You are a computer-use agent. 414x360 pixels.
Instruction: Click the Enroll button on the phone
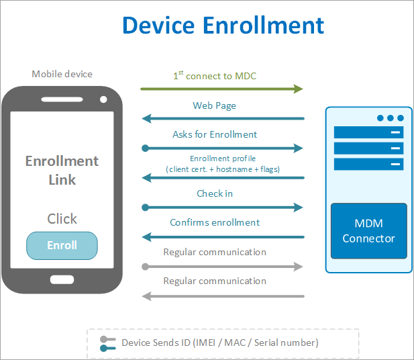[62, 246]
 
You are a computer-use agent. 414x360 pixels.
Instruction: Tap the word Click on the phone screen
[62, 219]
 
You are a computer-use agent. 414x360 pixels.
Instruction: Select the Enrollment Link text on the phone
[62, 171]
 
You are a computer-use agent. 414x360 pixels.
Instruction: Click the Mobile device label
[62, 74]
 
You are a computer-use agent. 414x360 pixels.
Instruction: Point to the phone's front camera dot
[103, 99]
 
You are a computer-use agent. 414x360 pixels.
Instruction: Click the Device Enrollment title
[223, 26]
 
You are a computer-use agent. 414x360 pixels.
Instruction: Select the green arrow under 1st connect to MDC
[221, 89]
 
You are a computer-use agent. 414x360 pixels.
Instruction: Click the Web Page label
[215, 105]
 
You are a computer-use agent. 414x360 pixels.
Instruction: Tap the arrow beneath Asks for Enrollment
[221, 148]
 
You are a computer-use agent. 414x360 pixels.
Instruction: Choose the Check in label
[215, 193]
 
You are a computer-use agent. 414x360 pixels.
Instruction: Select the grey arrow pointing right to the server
[221, 267]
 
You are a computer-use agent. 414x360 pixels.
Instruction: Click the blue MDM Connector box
[368, 231]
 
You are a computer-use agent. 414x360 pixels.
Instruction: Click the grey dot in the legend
[103, 339]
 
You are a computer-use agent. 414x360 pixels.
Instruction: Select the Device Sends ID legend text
[220, 343]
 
